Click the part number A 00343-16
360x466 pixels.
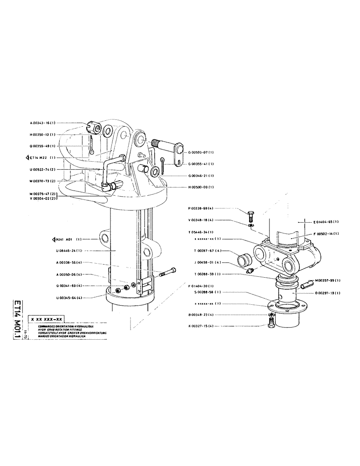[x=43, y=123]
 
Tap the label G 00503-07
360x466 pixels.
[x=201, y=152]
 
